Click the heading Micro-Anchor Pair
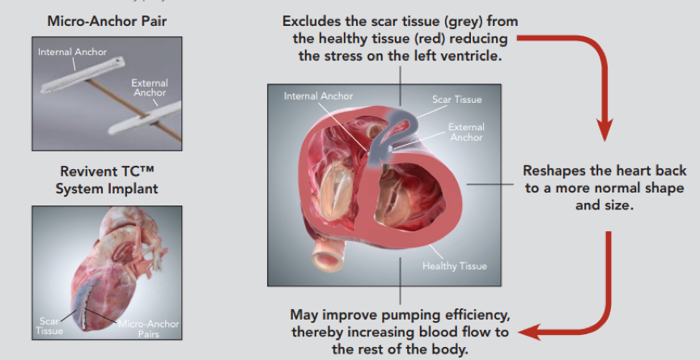pyautogui.click(x=107, y=21)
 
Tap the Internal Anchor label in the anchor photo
pyautogui.click(x=72, y=52)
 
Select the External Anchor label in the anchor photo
pyautogui.click(x=150, y=87)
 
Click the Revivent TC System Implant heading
pyautogui.click(x=107, y=180)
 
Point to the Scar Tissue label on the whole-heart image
pyautogui.click(x=49, y=326)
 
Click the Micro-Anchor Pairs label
pyautogui.click(x=148, y=328)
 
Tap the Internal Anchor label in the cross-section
pyautogui.click(x=318, y=96)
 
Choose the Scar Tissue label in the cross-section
pyautogui.click(x=456, y=99)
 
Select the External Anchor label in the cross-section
pyautogui.click(x=466, y=132)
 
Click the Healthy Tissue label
pyautogui.click(x=455, y=266)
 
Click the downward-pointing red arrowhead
pyautogui.click(x=605, y=129)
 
